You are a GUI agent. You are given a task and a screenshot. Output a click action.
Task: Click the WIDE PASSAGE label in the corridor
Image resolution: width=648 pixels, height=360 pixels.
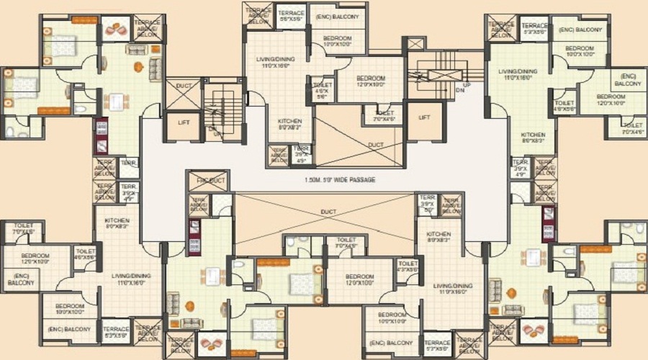[339, 179]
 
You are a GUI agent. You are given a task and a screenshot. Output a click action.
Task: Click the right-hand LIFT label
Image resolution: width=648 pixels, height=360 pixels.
[424, 117]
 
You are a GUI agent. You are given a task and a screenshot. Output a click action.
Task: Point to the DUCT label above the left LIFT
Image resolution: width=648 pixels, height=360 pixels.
[184, 86]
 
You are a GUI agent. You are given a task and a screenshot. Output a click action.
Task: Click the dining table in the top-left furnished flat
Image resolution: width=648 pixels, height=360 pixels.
[116, 101]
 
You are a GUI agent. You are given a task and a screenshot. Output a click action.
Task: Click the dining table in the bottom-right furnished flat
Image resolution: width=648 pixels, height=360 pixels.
[532, 258]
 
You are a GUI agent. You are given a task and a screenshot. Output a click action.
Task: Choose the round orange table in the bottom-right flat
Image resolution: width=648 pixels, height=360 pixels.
[511, 292]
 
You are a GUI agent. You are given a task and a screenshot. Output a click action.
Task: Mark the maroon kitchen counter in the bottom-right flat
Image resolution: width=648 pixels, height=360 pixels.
[549, 223]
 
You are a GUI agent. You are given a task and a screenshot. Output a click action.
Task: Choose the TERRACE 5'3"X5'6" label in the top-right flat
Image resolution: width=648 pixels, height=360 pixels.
[535, 30]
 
